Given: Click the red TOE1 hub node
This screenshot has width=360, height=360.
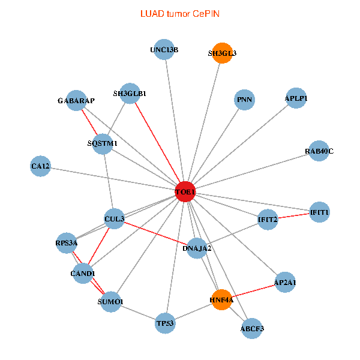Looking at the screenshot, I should point(185,191).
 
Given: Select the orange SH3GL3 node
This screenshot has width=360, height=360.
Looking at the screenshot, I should point(223,53).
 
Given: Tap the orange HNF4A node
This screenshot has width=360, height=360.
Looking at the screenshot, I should point(221,299).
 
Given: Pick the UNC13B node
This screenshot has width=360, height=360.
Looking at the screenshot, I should point(164,49).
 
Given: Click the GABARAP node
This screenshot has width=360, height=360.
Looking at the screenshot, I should point(76,100).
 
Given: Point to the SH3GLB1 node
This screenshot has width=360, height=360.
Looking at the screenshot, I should point(130,93).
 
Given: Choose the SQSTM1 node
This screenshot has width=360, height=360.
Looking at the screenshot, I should point(103,143).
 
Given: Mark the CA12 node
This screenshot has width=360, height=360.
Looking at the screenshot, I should point(41,166).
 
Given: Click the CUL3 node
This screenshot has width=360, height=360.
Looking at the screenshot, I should point(114,219).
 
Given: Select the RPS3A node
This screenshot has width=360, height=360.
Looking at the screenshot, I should point(66,243).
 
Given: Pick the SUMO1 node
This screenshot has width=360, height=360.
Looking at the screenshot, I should point(110,301).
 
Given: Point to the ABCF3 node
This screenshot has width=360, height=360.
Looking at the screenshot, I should point(252,328).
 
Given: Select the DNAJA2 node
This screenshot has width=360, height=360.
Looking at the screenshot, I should point(197,247).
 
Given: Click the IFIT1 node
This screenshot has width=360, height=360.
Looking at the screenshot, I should point(319,212).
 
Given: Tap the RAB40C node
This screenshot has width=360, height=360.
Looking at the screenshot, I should point(319,151).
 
